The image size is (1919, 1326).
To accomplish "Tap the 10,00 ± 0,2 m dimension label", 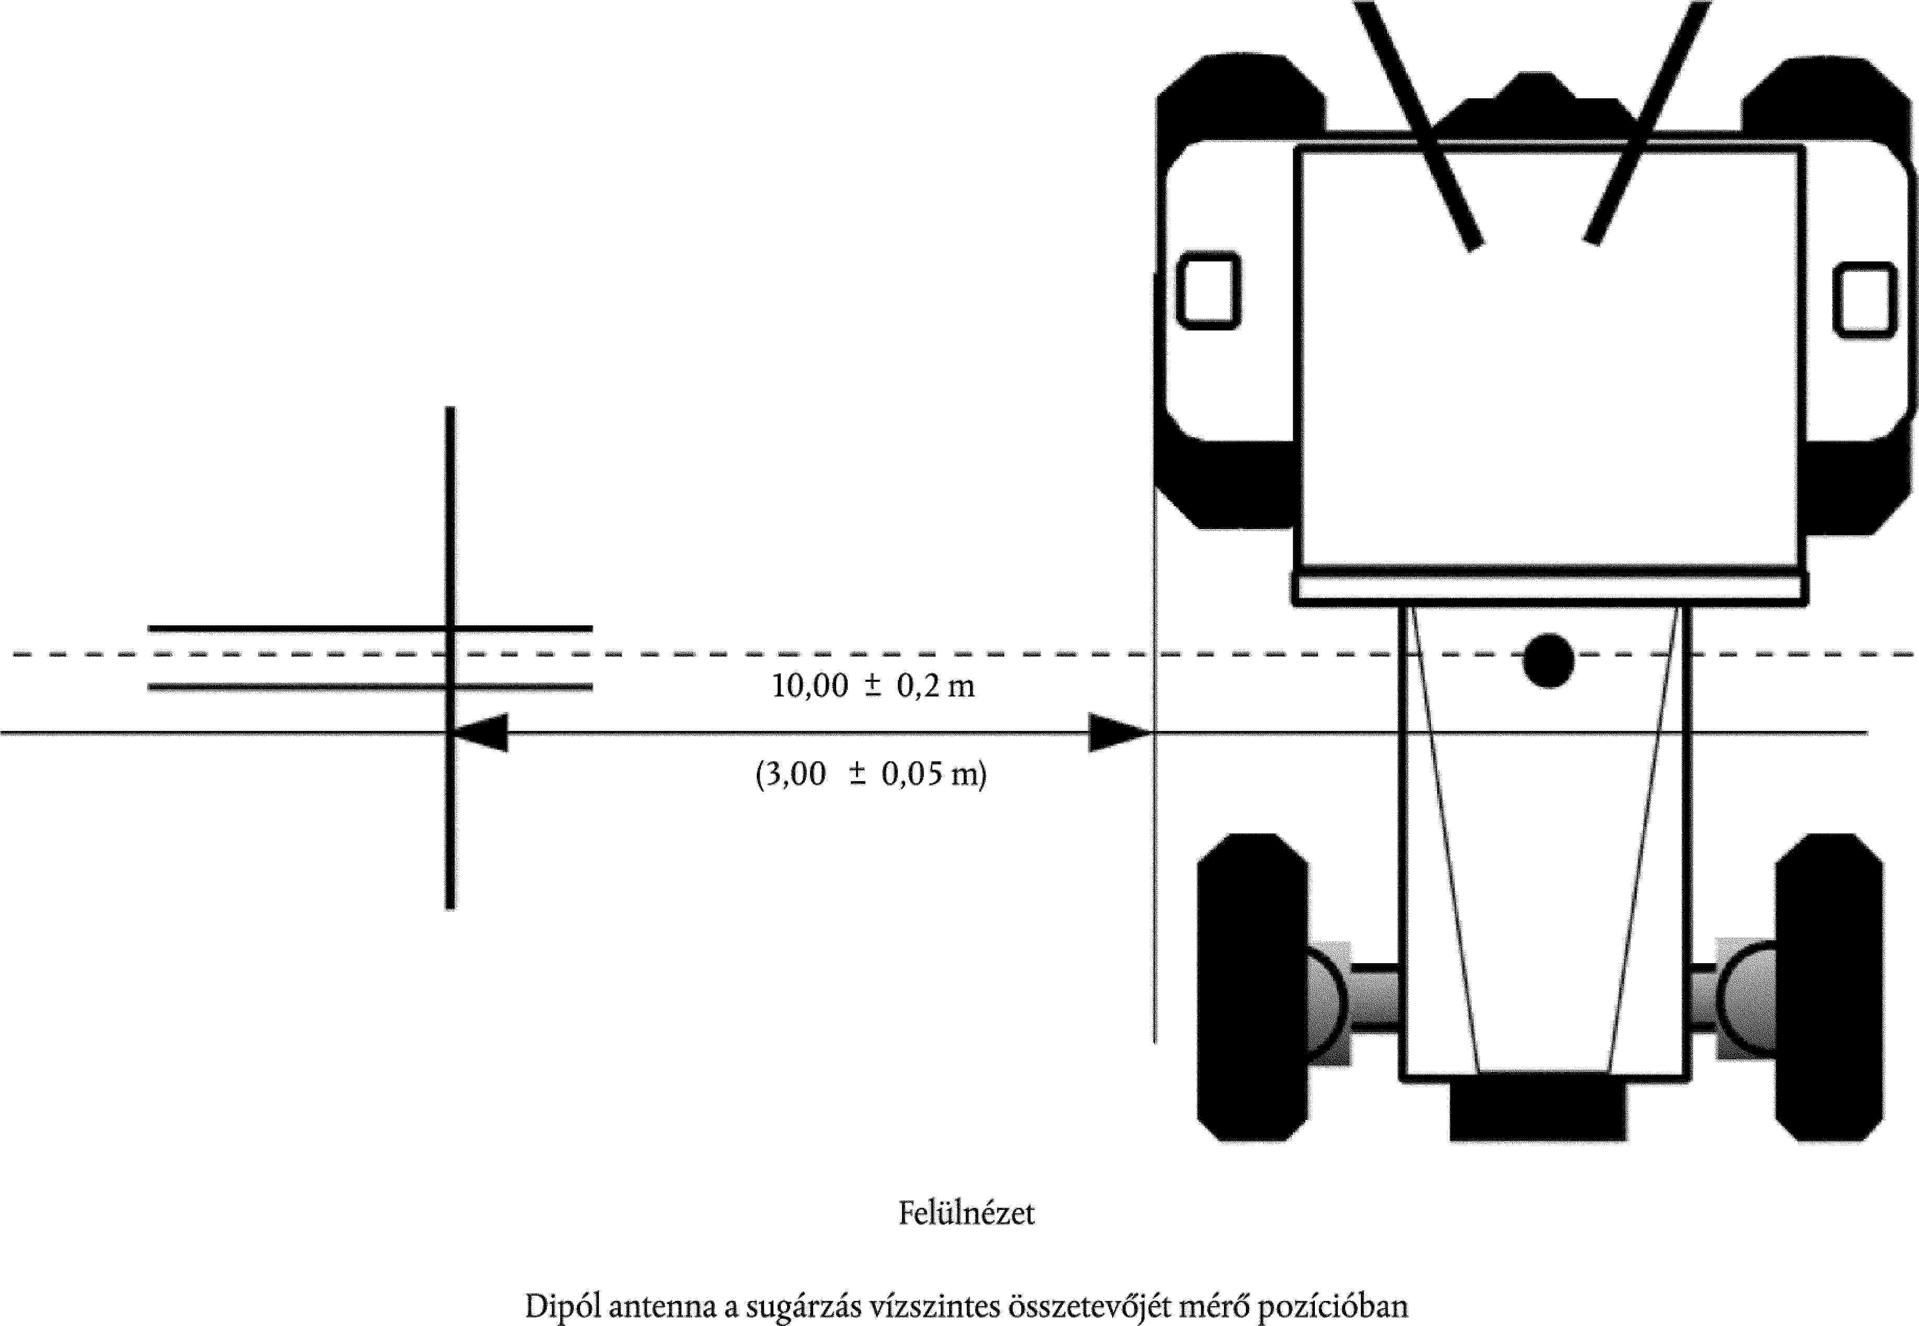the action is [873, 686].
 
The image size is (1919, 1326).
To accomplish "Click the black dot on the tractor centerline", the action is [1548, 660].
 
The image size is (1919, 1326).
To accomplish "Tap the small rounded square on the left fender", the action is [1209, 290].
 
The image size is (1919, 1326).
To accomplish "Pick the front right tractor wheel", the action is [1829, 987].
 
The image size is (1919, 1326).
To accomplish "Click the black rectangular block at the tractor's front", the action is [1538, 1111].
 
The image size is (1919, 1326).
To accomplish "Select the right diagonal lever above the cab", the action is [1647, 122].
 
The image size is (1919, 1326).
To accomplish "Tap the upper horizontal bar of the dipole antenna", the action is [371, 628].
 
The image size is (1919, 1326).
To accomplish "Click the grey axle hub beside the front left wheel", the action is [1326, 1003].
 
